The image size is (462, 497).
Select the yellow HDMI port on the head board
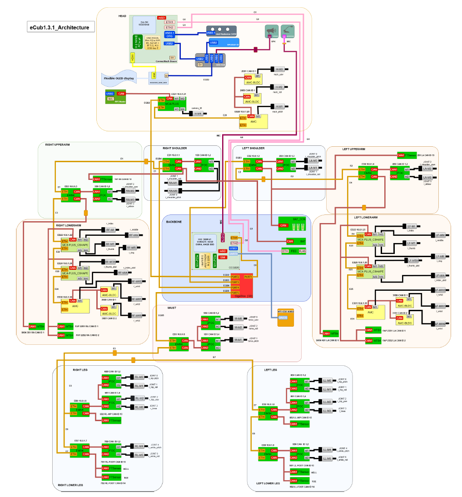coord(133,58)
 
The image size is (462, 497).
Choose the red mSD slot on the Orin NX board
coord(161,17)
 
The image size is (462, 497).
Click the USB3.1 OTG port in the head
coord(169,35)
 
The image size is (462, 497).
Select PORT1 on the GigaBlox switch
coord(248,277)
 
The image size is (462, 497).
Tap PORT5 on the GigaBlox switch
coord(235,293)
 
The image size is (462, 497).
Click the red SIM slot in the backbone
coord(223,257)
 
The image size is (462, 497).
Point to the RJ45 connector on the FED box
coord(303,251)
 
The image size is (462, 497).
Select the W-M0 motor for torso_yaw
coord(238,318)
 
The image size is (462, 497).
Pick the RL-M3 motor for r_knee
coord(139,407)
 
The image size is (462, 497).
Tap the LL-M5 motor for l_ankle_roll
coord(327,459)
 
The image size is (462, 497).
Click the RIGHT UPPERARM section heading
coord(61,145)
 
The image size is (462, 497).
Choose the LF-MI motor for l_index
coord(412,226)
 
